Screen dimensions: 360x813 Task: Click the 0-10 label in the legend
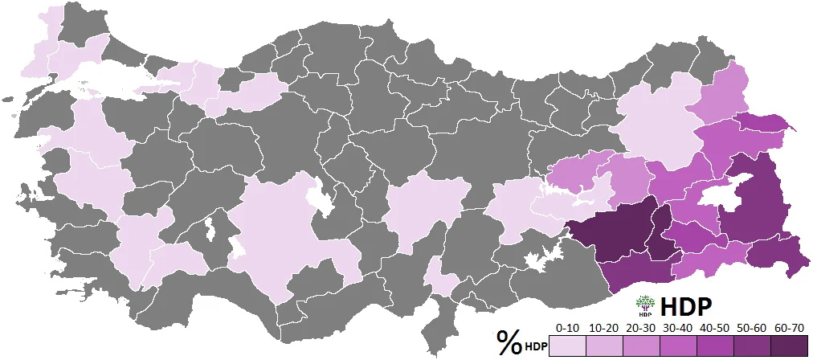(567, 328)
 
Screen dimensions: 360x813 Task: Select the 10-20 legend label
(603, 328)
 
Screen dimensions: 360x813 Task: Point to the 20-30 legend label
(639, 328)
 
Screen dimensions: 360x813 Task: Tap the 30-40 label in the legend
(676, 328)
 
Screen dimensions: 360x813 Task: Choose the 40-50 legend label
(712, 328)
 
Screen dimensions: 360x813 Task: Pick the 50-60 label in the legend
(748, 328)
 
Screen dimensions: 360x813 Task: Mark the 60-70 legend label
(784, 328)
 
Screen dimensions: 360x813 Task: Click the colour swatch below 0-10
(567, 346)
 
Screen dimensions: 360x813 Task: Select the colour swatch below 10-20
(603, 346)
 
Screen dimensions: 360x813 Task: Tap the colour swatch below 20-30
(639, 346)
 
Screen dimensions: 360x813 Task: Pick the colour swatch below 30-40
(676, 346)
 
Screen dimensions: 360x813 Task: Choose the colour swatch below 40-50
(712, 346)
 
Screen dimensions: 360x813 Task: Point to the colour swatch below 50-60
(748, 346)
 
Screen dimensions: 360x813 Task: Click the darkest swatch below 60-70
(784, 346)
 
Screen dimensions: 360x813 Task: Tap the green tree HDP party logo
(644, 305)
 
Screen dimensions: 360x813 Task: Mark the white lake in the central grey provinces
(322, 198)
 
